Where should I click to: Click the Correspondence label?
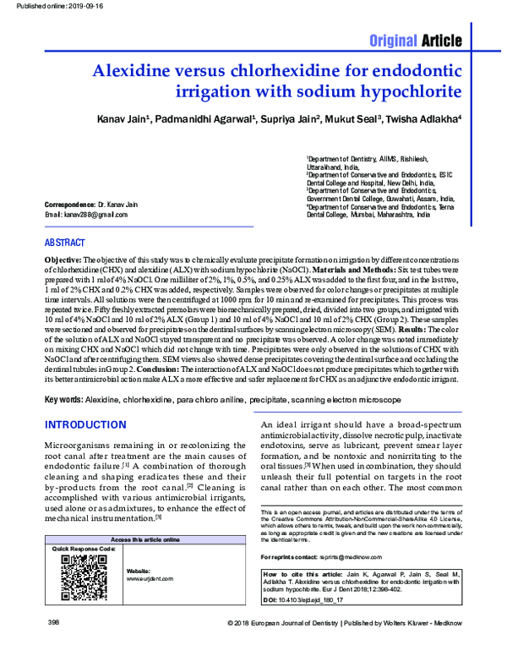[x=68, y=205]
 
